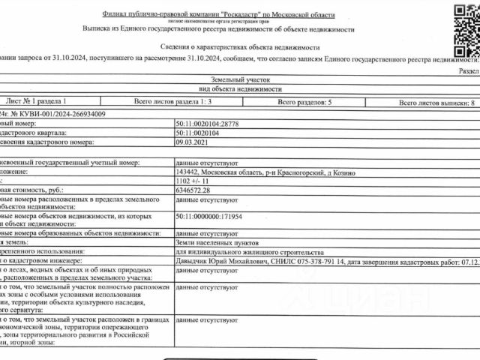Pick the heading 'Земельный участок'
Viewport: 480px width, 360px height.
238,79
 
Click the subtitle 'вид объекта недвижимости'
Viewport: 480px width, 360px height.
238,89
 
